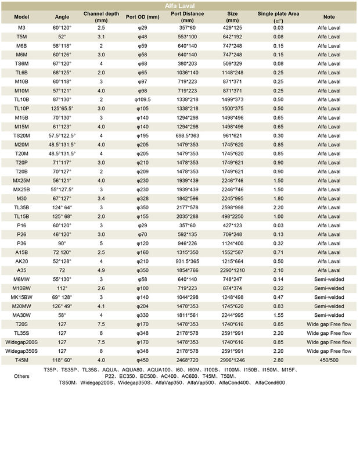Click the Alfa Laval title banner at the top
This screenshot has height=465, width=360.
180,6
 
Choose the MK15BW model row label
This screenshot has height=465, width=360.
21,297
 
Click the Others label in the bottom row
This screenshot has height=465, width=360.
21,376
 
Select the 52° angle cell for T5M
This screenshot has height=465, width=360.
62,35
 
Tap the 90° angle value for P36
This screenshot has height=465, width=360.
62,243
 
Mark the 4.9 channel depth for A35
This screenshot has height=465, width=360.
102,270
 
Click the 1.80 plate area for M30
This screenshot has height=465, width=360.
279,198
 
